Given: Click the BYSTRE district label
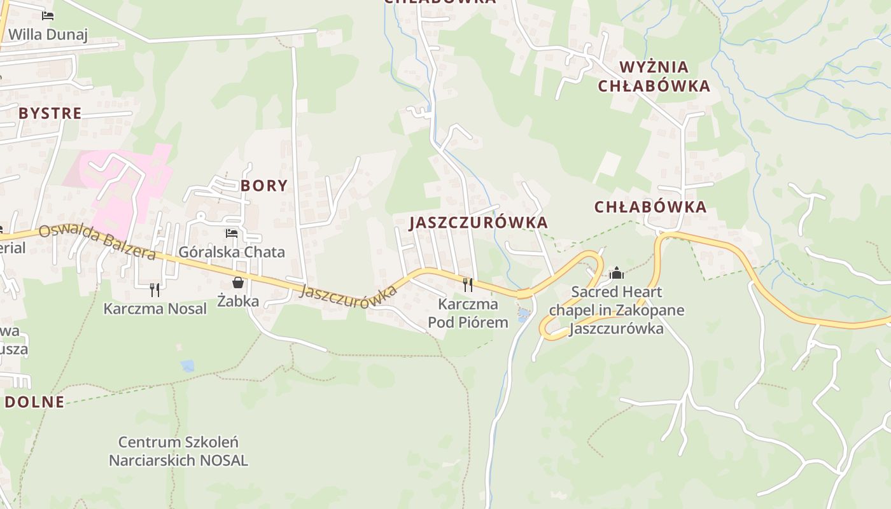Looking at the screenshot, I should coord(50,114).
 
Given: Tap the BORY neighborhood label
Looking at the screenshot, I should coord(264,186).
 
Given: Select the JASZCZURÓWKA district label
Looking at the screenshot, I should coord(479,223).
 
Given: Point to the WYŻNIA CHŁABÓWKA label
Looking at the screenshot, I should coord(654,76).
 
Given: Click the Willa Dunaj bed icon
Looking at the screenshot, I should coord(48,15).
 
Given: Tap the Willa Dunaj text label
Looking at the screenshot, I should coord(48,34).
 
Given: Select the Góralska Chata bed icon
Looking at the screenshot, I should coord(232,234).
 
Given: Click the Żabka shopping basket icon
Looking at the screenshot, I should coord(238,282).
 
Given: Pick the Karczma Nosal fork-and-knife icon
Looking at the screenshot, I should coord(155,290).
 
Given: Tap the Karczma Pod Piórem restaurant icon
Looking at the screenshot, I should coord(468,284).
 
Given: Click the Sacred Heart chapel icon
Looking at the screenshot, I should coord(616,273).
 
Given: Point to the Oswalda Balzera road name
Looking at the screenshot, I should coord(97,242).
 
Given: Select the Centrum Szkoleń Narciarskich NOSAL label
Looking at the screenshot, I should coord(178,451).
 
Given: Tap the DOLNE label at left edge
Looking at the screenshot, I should coord(35,402).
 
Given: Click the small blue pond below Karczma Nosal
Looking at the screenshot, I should coord(188,366).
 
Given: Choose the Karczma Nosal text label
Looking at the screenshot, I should coord(155,309).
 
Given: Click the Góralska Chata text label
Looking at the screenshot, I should coord(232,252).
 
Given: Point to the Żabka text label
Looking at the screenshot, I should coord(238,301).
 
